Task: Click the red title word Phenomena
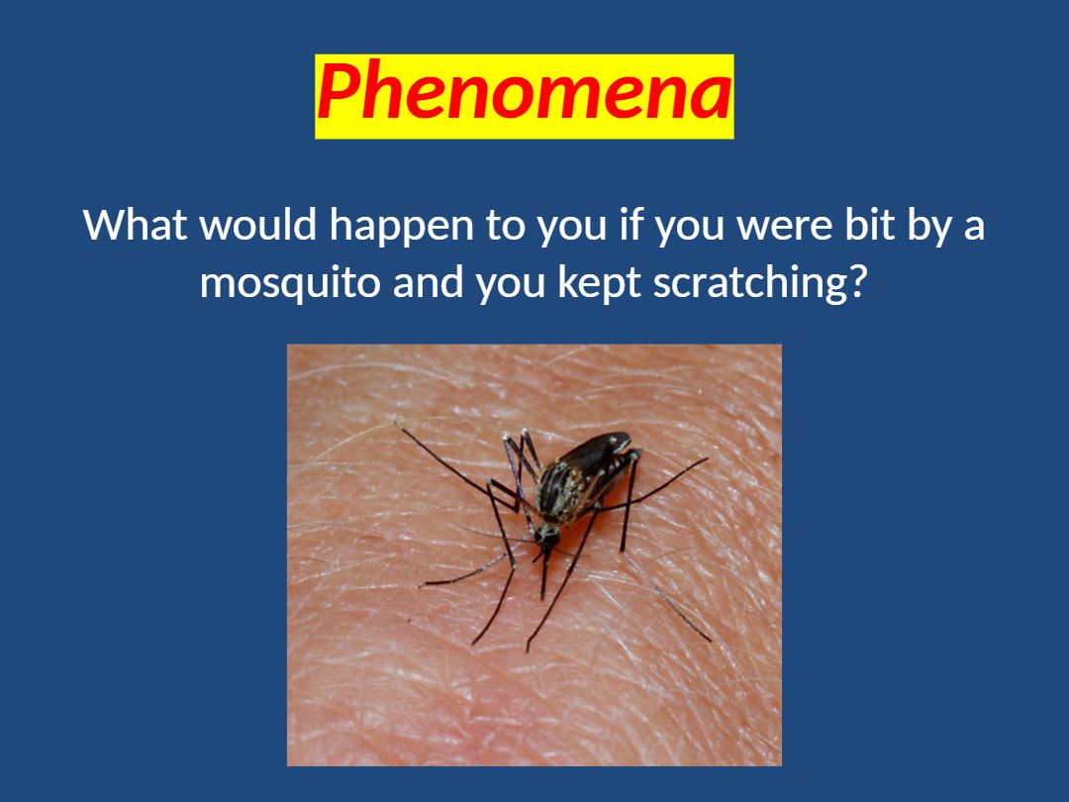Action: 525,92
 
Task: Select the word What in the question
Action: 135,225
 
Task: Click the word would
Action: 258,225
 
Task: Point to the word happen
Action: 402,227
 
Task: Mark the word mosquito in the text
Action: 290,284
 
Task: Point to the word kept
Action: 599,284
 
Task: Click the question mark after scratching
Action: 858,281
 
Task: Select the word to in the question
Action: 505,226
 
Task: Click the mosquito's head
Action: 546,536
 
